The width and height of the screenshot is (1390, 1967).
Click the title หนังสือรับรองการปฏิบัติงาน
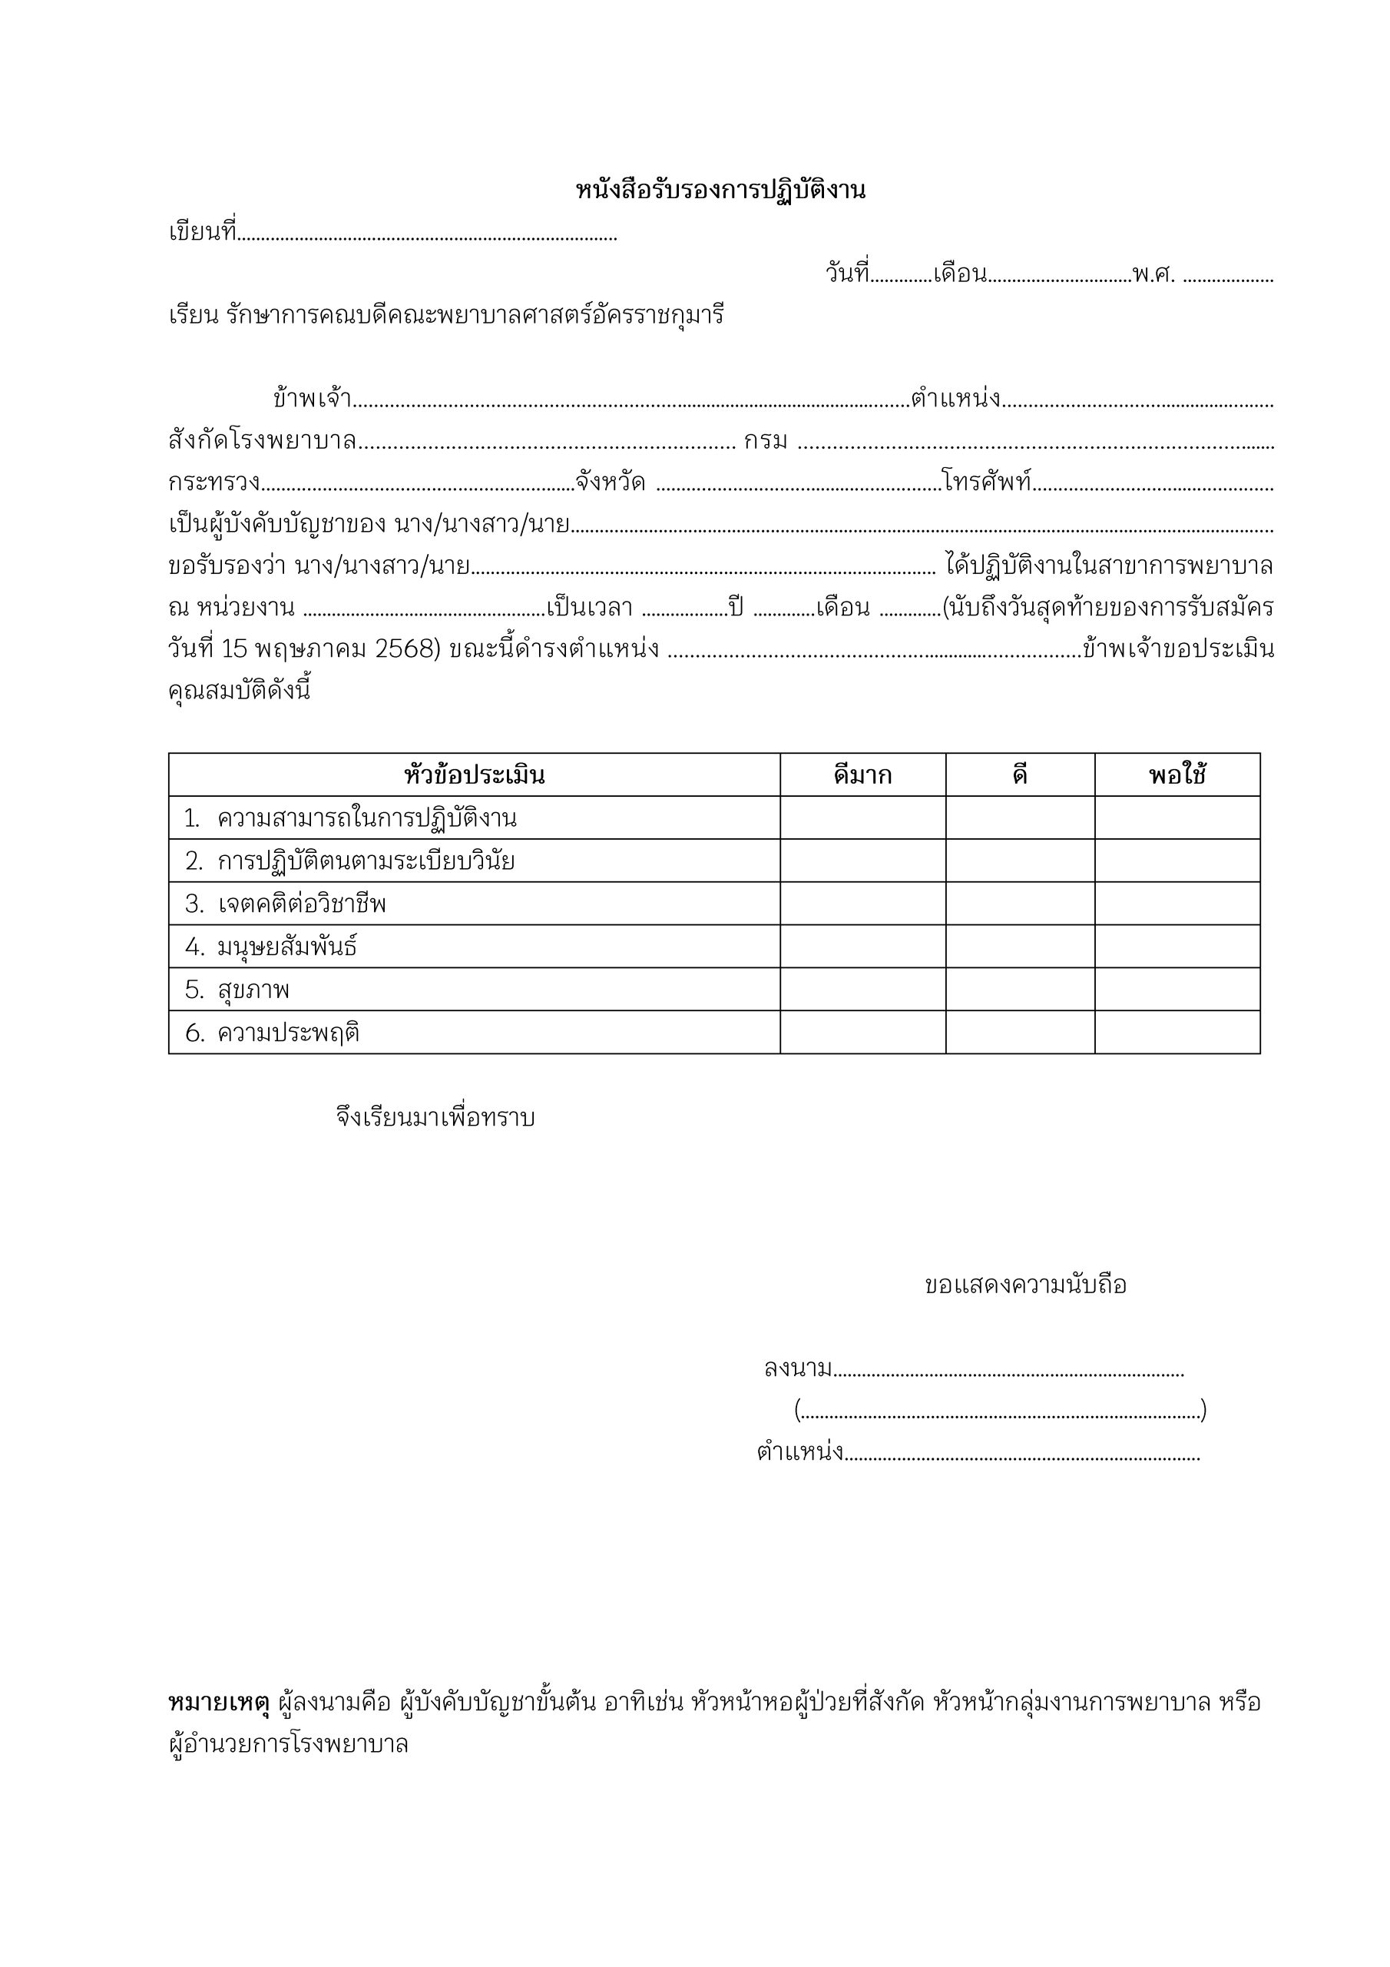click(x=720, y=191)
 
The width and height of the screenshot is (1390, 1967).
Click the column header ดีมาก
click(x=862, y=775)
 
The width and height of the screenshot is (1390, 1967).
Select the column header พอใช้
click(x=1177, y=775)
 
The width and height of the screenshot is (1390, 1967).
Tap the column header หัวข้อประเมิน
click(x=474, y=775)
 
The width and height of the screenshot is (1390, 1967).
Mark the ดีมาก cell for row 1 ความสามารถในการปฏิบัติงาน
click(x=862, y=818)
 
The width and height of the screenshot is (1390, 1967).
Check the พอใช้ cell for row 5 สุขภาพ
click(x=1177, y=990)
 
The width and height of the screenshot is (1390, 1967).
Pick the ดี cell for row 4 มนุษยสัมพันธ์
click(x=1019, y=947)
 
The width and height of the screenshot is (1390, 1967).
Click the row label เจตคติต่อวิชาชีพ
click(x=302, y=904)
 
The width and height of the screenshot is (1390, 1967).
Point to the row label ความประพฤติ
click(x=289, y=1033)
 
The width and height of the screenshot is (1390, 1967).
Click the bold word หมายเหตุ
click(x=219, y=1702)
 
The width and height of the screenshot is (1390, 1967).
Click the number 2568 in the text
click(x=407, y=649)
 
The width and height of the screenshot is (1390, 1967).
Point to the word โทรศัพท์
click(x=987, y=482)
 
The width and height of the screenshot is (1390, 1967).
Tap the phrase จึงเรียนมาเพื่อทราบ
click(x=435, y=1118)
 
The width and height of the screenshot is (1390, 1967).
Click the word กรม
click(x=765, y=441)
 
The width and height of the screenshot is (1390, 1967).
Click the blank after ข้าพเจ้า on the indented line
click(x=631, y=401)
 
